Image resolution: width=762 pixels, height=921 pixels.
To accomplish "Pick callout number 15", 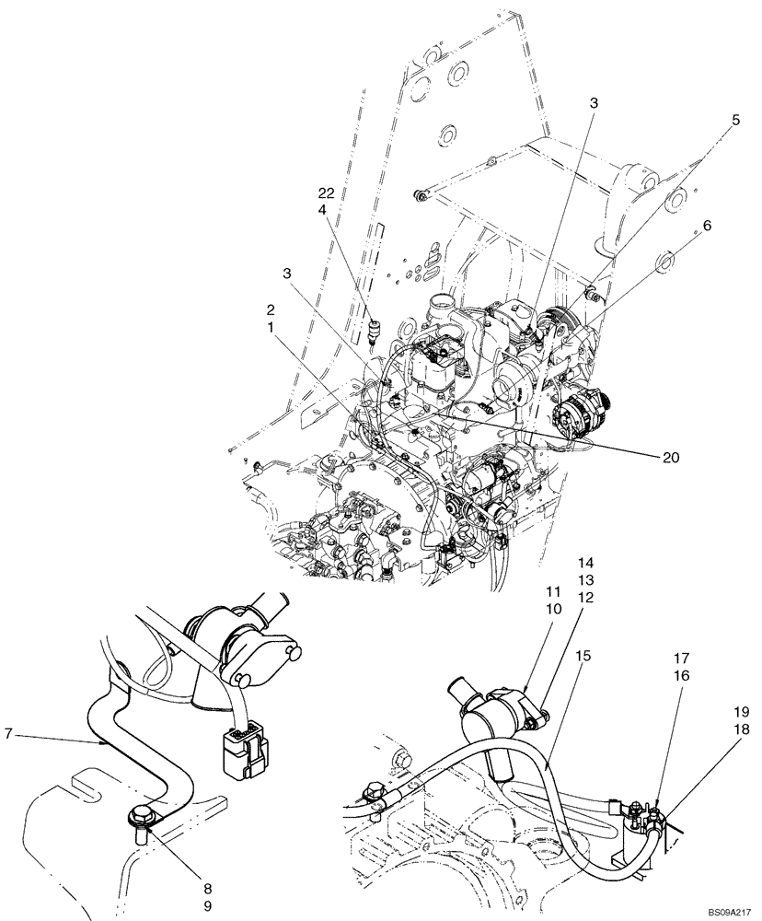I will (x=583, y=656).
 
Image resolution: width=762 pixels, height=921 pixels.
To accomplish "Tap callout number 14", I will (x=586, y=562).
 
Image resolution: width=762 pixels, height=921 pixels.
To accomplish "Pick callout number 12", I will (x=586, y=596).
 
